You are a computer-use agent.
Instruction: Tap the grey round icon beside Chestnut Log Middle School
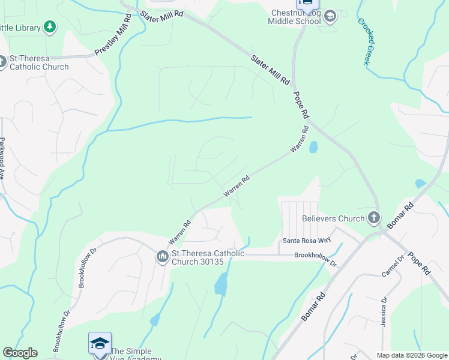(330, 17)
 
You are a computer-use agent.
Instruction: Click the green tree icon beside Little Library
(49, 27)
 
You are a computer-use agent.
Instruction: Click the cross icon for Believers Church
(374, 218)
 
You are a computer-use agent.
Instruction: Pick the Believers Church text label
(333, 219)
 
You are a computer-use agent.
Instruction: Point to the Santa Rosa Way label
(307, 241)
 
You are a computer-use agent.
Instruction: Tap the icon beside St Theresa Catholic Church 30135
(162, 257)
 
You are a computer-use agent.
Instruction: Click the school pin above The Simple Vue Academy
(100, 343)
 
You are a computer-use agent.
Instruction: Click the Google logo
(20, 353)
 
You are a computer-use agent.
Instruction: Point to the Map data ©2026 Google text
(412, 355)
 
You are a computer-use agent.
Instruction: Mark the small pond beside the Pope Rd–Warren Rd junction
(313, 147)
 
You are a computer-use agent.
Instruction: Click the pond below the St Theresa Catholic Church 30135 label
(221, 283)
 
